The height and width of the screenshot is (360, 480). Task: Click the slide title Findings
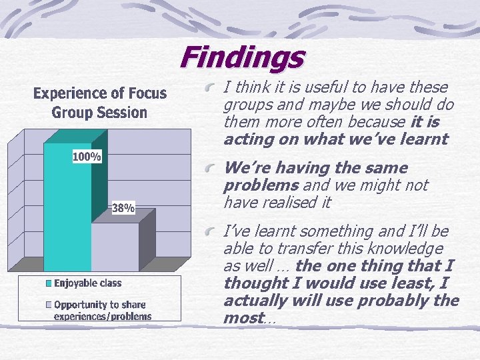[x=241, y=57]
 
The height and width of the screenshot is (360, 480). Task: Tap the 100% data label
[x=87, y=157]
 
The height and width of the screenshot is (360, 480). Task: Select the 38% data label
[x=123, y=208]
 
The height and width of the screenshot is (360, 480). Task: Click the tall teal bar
[x=67, y=213]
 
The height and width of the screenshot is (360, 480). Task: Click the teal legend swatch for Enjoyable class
[x=48, y=283]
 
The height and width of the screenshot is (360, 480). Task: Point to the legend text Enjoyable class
[x=88, y=283]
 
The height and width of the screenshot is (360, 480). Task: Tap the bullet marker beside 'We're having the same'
[x=211, y=169]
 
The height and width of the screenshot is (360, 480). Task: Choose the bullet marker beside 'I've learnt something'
[x=211, y=232]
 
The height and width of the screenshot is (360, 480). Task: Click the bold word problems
[x=259, y=185]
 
